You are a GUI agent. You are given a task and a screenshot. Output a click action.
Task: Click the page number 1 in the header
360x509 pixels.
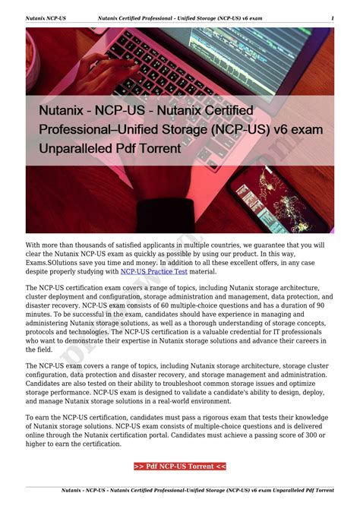point(333,18)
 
